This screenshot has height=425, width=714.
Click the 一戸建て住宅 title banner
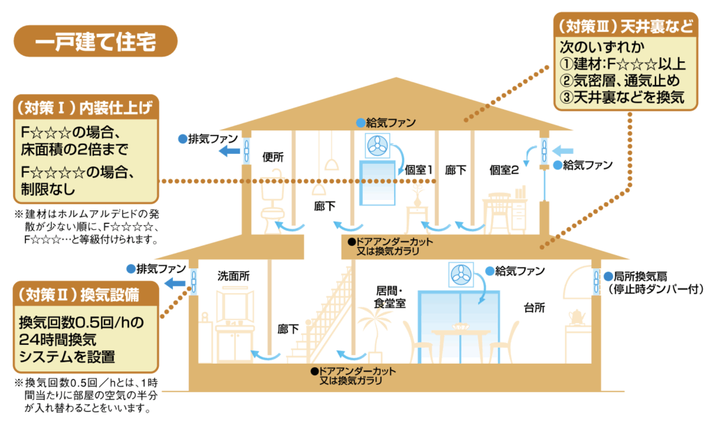96,40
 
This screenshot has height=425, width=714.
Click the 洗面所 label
233,276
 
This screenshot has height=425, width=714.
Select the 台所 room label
535,307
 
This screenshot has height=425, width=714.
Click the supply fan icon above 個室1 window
377,146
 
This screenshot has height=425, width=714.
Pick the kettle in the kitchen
576,316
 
